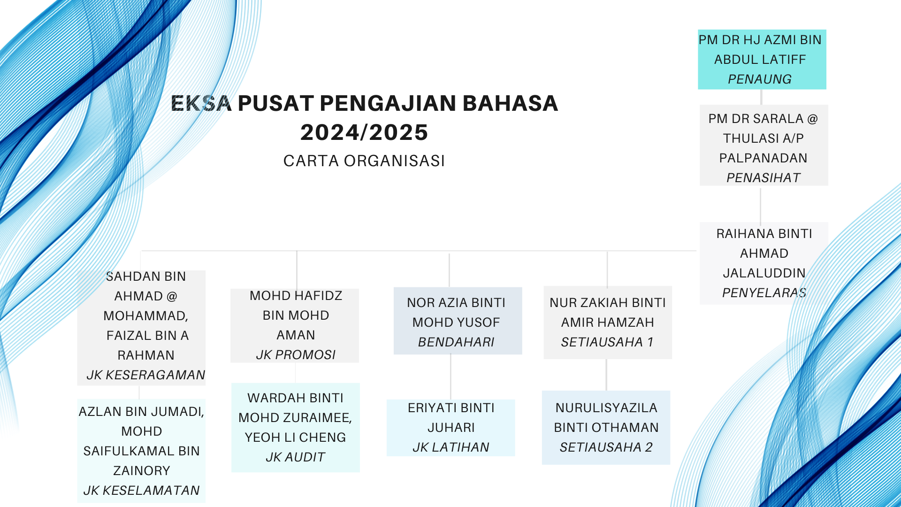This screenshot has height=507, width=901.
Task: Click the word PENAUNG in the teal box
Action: click(x=760, y=79)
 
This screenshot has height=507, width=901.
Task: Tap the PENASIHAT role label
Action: click(x=764, y=178)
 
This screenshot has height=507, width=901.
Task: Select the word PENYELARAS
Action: click(x=764, y=293)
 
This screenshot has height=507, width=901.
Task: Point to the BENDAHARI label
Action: click(x=456, y=342)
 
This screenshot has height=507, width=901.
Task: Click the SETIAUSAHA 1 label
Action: click(x=607, y=342)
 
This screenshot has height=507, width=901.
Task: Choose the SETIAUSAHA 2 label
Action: click(x=606, y=447)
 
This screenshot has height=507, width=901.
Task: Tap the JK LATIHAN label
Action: click(x=451, y=447)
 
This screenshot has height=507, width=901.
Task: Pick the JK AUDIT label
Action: click(x=295, y=457)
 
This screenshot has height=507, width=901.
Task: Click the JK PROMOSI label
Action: click(x=296, y=355)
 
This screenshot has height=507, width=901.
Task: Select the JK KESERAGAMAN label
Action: click(x=146, y=375)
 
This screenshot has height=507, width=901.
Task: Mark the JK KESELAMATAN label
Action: click(x=141, y=491)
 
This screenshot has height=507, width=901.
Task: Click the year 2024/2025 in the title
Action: click(x=364, y=132)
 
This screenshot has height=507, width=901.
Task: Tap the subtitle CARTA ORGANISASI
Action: click(x=364, y=161)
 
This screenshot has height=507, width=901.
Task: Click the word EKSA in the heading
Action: click(x=201, y=103)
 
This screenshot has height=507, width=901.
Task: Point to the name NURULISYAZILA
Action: click(x=606, y=408)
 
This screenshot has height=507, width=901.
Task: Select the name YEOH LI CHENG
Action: click(x=295, y=438)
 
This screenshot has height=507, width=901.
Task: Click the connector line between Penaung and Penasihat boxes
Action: click(x=761, y=97)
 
